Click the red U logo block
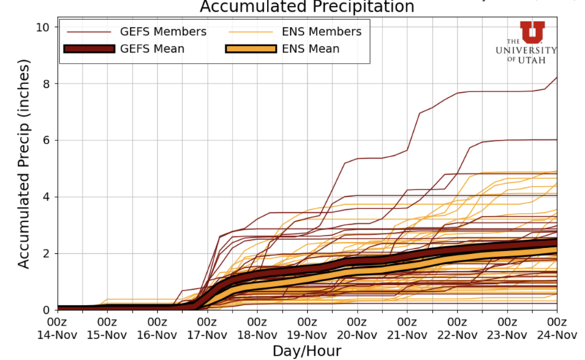pyautogui.click(x=532, y=31)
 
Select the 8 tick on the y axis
pyautogui.click(x=45, y=83)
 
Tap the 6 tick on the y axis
pyautogui.click(x=45, y=140)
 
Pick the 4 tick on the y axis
pyautogui.click(x=45, y=197)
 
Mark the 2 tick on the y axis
pyautogui.click(x=45, y=253)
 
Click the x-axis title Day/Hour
pyautogui.click(x=306, y=351)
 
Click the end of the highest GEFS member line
pyautogui.click(x=556, y=78)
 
